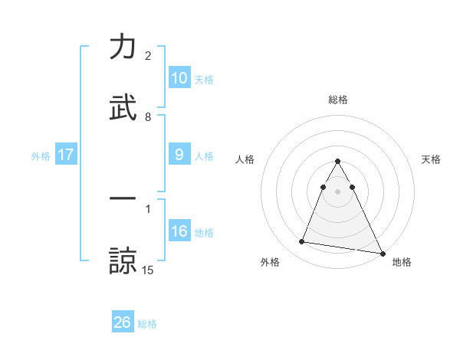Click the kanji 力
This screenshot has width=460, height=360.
[x=123, y=47]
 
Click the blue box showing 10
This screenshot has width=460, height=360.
[x=179, y=77]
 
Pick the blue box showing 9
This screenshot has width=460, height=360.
[x=179, y=154]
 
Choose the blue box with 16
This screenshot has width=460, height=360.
[x=179, y=231]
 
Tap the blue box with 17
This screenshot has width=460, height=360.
[x=66, y=154]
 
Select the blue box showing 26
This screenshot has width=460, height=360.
[x=123, y=322]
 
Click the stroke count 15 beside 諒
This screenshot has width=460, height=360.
[x=148, y=270]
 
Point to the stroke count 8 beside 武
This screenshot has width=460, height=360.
[x=148, y=117]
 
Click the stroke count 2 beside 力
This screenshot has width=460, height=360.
[x=148, y=56]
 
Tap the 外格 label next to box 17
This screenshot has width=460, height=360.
[x=41, y=155]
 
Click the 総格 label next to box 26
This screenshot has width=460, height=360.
[x=147, y=324]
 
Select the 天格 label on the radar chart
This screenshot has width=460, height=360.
[x=431, y=159]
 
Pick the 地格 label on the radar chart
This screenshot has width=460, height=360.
[x=402, y=262]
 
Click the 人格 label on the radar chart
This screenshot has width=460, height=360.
[x=245, y=159]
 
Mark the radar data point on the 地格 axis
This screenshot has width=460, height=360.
[x=382, y=254]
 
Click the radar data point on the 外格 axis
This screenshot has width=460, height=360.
[x=302, y=242]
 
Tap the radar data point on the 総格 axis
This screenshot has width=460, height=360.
[x=337, y=162]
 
